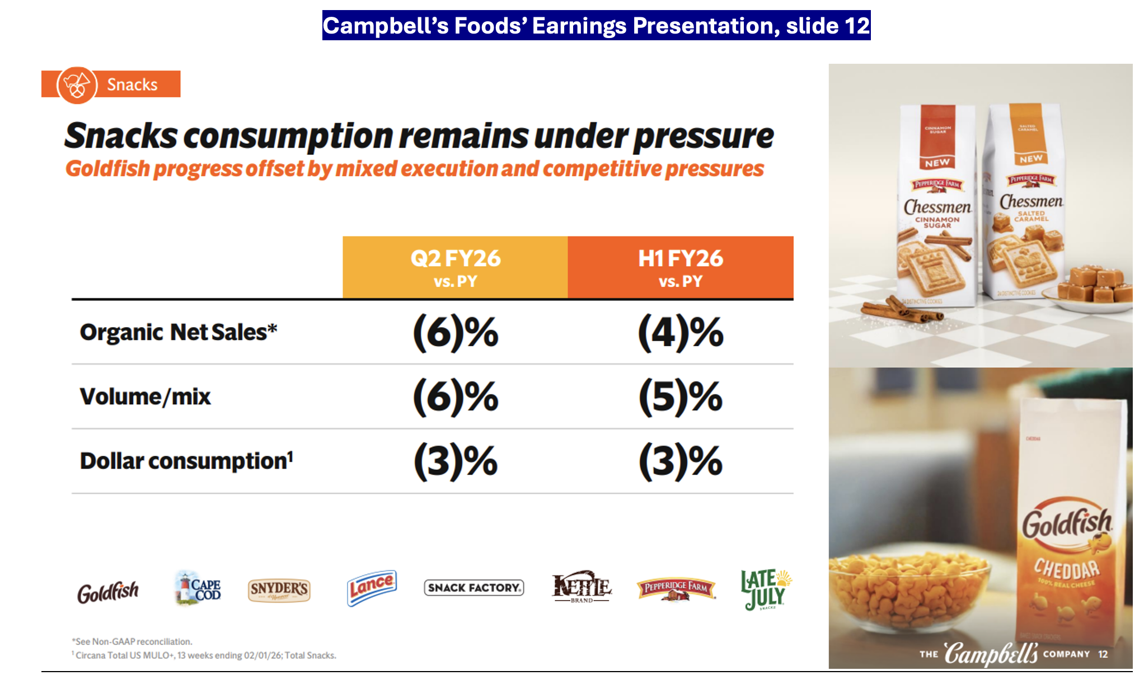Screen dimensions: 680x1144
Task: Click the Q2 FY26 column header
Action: click(x=455, y=267)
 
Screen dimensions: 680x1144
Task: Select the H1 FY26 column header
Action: click(x=680, y=267)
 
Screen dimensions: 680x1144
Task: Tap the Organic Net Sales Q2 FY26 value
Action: click(x=455, y=333)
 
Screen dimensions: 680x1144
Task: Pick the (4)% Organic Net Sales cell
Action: click(x=680, y=333)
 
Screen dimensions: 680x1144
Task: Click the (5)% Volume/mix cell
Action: click(x=680, y=397)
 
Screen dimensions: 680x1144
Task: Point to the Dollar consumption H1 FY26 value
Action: click(x=680, y=462)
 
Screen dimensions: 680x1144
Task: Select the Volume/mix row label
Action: click(x=145, y=397)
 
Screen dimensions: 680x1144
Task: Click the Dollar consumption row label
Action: click(x=186, y=461)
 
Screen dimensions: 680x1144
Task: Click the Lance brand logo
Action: click(x=372, y=588)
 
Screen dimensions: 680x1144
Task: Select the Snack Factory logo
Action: click(x=473, y=588)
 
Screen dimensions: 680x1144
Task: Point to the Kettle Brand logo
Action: click(x=582, y=587)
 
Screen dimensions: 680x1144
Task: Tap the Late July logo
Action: click(x=765, y=589)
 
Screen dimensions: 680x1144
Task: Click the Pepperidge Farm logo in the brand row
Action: click(x=676, y=589)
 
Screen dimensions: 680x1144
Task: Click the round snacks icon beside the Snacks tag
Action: click(x=77, y=85)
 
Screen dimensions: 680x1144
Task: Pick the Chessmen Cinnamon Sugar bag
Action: click(x=937, y=207)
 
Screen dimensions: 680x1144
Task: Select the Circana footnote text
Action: click(x=205, y=655)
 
